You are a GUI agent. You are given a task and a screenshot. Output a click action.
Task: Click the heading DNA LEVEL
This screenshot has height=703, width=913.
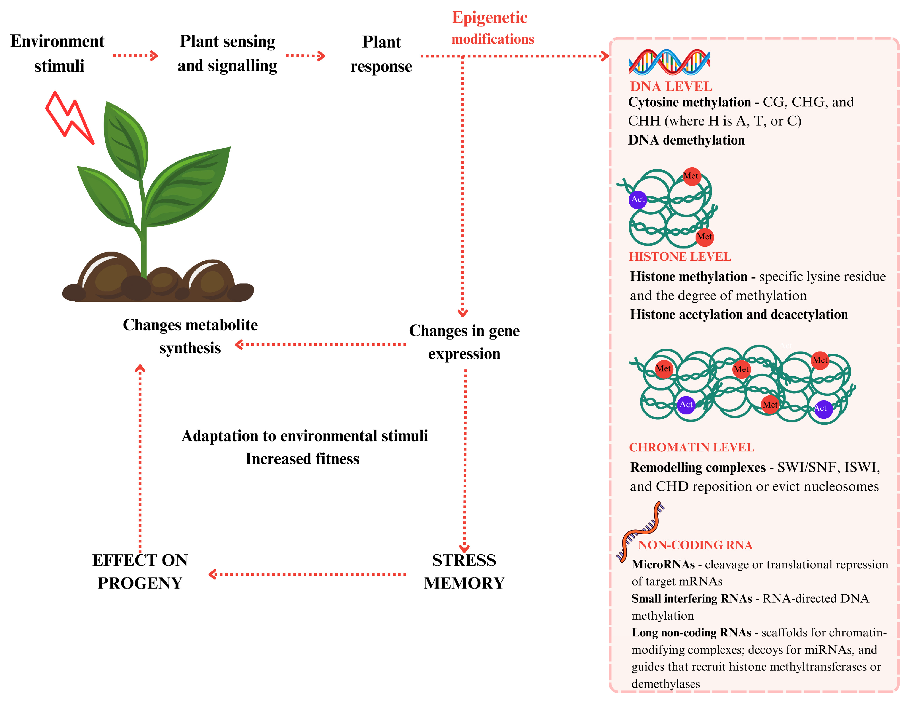(671, 87)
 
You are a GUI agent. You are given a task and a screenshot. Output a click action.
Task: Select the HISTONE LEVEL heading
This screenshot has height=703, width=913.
(680, 257)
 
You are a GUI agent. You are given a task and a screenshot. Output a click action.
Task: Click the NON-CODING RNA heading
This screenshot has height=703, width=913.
(695, 545)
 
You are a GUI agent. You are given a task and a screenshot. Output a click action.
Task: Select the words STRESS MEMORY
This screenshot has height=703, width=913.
(464, 571)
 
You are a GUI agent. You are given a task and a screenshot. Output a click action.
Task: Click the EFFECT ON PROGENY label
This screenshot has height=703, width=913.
(140, 571)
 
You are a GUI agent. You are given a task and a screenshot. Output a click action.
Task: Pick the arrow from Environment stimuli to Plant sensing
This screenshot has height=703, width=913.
(135, 55)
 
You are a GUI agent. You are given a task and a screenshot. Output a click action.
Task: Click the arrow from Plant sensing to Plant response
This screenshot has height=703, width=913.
(305, 55)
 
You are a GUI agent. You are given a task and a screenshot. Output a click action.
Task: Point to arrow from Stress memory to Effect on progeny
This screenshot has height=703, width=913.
(307, 574)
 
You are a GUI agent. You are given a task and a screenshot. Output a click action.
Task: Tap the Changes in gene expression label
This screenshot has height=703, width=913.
(464, 342)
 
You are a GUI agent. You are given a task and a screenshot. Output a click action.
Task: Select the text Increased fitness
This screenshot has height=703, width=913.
(302, 459)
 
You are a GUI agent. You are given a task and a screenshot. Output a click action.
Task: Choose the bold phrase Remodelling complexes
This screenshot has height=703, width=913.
(697, 467)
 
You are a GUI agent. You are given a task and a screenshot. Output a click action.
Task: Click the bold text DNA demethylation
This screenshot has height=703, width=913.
(686, 140)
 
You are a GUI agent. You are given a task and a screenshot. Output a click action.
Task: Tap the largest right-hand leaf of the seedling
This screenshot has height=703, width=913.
(188, 188)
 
